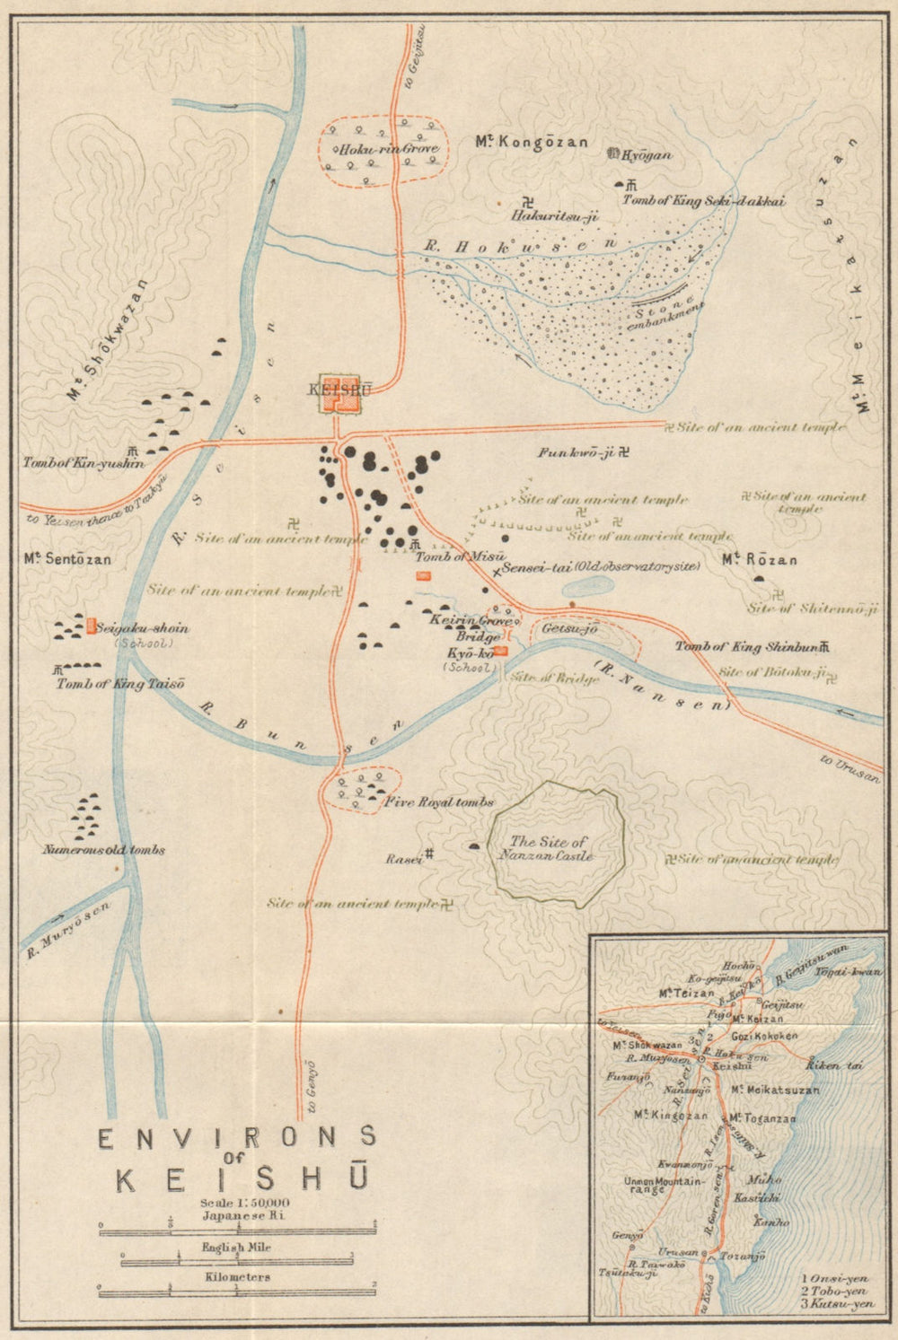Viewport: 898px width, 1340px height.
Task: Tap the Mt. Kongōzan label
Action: tap(532, 142)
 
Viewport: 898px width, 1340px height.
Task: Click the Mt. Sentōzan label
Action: tap(68, 559)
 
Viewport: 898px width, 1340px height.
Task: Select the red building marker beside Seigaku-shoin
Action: tap(92, 625)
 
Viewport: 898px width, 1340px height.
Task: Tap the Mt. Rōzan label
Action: tap(760, 559)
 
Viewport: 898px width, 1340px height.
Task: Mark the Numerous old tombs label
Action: tap(103, 849)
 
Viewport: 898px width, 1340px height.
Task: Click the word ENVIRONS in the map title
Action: tap(236, 1138)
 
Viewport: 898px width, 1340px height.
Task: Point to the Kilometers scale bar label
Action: tap(237, 1276)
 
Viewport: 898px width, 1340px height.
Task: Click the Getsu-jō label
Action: tap(569, 629)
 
